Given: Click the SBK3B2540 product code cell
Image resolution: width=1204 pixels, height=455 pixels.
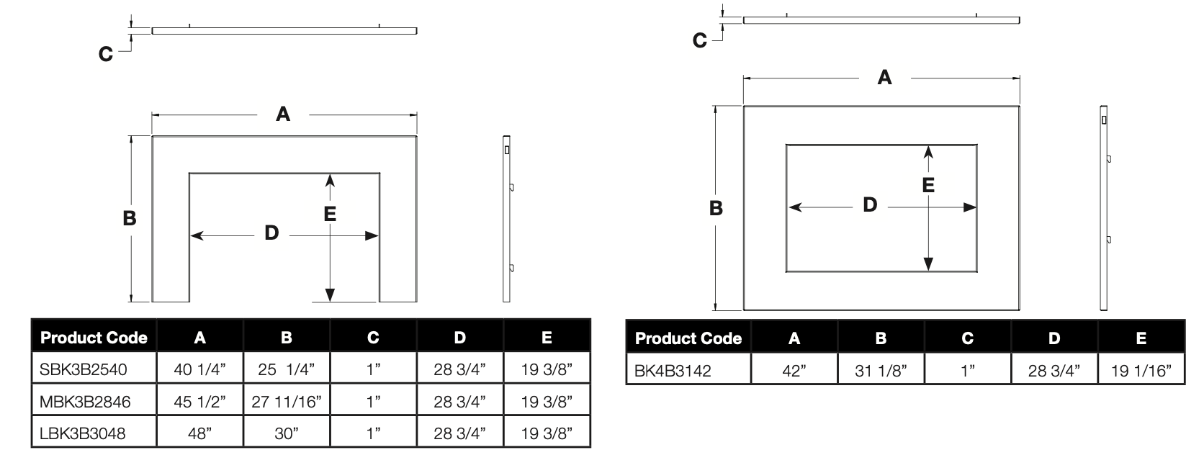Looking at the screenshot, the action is pos(94,369).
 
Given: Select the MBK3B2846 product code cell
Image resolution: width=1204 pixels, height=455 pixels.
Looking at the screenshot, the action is pos(94,401).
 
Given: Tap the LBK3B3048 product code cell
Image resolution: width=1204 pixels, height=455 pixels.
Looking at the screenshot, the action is pos(94,433).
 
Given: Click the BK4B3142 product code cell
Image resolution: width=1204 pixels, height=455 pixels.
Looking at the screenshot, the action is pos(688,369).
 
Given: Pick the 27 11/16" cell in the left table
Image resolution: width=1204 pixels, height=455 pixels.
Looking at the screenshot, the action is pos(287,401).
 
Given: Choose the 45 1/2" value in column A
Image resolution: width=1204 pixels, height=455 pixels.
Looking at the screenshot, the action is pos(200,401).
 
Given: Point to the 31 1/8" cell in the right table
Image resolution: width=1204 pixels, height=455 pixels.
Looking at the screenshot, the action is pos(881,369).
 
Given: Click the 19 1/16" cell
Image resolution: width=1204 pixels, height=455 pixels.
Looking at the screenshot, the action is pos(1141,369).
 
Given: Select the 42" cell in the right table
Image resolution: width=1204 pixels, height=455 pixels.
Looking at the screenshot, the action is pos(794,369).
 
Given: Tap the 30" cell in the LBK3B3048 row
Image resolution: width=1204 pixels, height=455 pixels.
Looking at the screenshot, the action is pos(287,433).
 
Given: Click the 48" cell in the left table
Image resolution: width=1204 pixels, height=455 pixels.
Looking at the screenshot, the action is pos(200,433).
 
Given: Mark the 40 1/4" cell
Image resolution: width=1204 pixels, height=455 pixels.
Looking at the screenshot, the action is pos(200,369).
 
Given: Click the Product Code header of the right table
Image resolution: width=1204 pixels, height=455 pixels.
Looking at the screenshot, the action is pos(688,338).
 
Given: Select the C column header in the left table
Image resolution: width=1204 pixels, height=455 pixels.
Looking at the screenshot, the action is pos(373,337).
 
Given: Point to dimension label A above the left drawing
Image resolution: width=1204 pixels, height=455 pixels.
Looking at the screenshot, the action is pos(283,114).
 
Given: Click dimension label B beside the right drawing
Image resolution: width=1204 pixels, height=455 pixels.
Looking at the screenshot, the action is pos(716,208).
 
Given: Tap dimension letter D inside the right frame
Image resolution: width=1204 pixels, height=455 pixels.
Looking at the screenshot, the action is pos(870,204).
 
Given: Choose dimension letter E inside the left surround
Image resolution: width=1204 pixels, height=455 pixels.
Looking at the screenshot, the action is pos(330,214).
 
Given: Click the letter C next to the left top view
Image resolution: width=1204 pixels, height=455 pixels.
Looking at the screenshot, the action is pos(106,54).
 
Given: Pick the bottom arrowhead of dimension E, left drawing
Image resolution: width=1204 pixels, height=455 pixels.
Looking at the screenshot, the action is pos(330,295).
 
